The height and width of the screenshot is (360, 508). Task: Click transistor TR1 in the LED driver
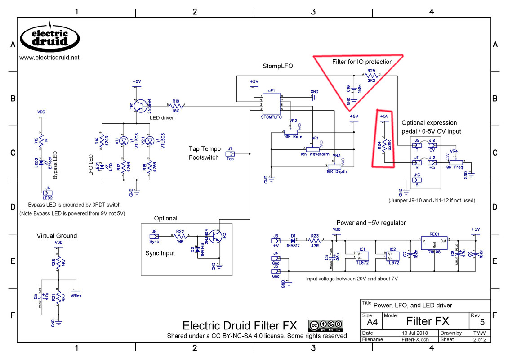click(139, 105)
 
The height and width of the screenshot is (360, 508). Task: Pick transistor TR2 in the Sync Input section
click(218, 236)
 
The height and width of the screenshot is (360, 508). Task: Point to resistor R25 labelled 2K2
click(371, 76)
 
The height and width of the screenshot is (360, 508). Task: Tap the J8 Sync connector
click(154, 235)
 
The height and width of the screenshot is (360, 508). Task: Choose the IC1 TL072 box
click(362, 256)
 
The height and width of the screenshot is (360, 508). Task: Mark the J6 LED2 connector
click(47, 193)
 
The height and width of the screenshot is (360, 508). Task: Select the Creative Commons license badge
click(325, 325)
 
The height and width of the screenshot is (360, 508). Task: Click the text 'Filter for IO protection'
click(362, 62)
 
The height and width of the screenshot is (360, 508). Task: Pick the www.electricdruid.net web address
click(49, 58)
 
